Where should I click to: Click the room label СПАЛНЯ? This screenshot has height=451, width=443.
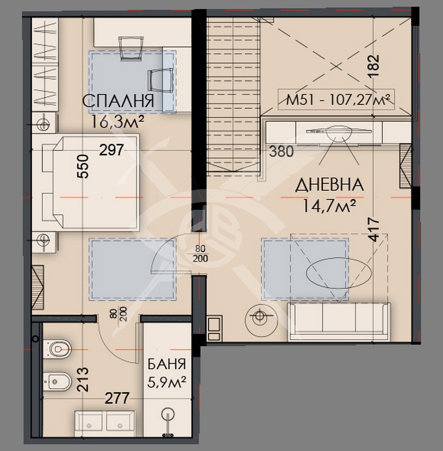(118, 101)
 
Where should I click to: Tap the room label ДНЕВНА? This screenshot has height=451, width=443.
(330, 185)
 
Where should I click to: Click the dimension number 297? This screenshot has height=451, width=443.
(111, 149)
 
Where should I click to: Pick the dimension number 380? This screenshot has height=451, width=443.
(281, 151)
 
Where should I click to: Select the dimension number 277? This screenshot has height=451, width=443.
(117, 398)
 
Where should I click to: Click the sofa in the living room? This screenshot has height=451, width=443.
(339, 322)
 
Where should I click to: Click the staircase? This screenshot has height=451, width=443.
(233, 96)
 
